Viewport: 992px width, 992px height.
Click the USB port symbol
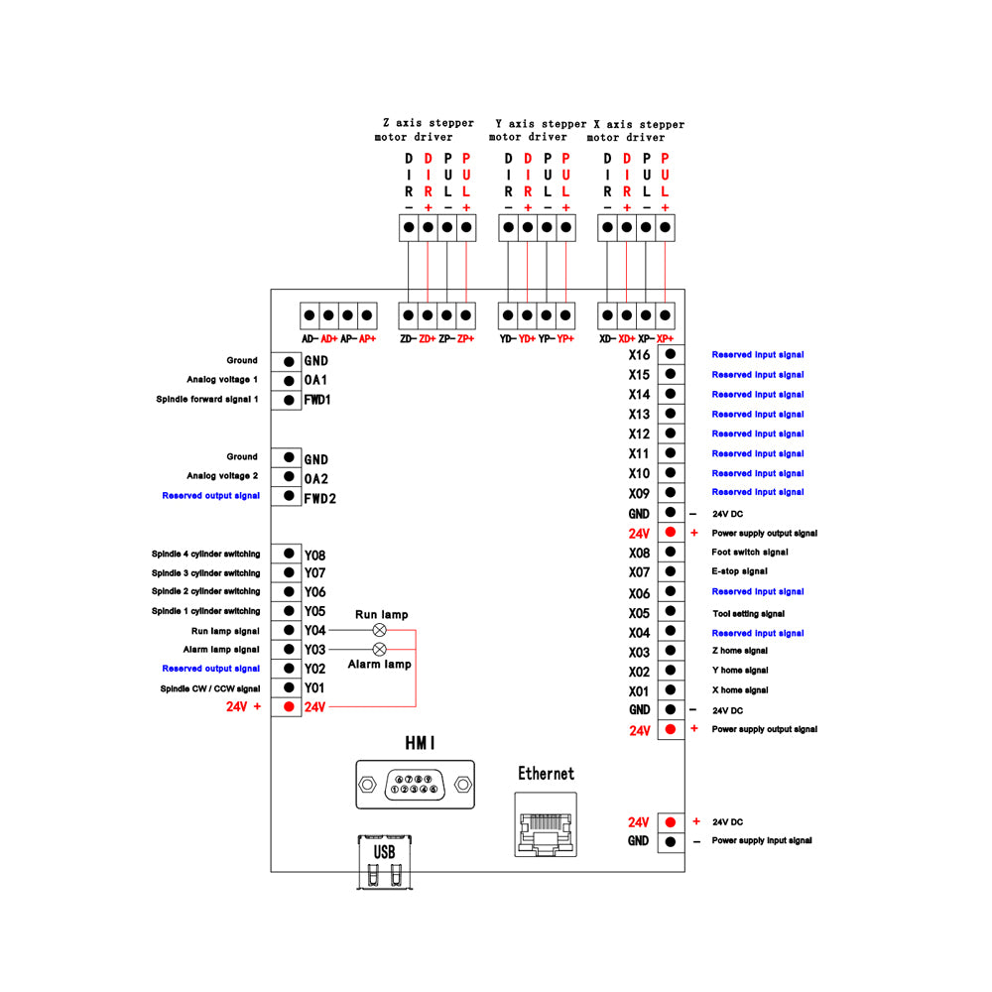tap(385, 862)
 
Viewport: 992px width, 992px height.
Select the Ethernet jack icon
tap(546, 824)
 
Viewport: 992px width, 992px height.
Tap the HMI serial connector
tap(415, 785)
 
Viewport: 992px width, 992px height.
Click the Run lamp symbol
tap(380, 630)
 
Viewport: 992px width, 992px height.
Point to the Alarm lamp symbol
tap(380, 649)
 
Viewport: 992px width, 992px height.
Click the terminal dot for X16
tap(671, 354)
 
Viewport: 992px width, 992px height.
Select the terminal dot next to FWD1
tap(289, 400)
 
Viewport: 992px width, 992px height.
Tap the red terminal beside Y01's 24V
tap(289, 706)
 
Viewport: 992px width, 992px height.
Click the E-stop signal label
tap(740, 571)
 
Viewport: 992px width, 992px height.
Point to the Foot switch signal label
tap(750, 552)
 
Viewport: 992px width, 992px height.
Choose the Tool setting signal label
tap(748, 614)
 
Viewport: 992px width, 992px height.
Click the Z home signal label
tap(740, 651)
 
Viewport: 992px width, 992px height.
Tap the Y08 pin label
tap(315, 556)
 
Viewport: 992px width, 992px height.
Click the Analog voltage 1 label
tap(222, 380)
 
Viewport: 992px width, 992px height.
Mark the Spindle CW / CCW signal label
tap(210, 688)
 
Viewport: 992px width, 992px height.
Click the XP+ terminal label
tap(665, 339)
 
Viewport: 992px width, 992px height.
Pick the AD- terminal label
tap(310, 339)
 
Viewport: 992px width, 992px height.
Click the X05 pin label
tap(639, 614)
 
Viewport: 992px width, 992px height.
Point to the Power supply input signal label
tap(762, 840)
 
